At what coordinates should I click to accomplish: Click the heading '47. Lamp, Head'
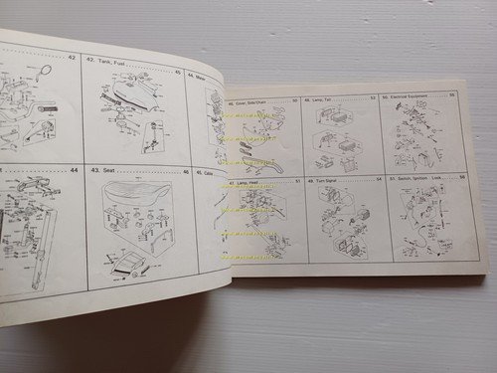tap(248, 184)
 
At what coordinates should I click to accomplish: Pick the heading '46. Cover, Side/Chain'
tap(252, 101)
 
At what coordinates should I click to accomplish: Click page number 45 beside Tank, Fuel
tap(177, 72)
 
